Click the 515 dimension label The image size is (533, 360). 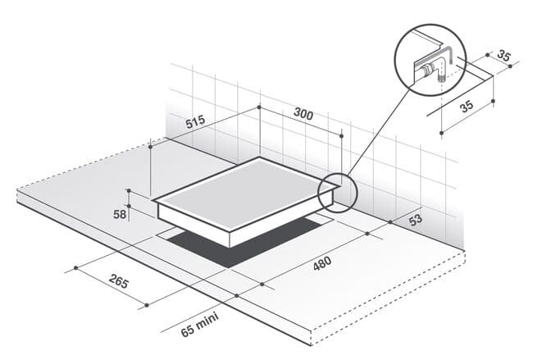(196, 121)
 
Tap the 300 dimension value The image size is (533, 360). (303, 114)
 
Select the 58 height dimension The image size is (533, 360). (120, 215)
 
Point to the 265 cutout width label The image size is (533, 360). (119, 281)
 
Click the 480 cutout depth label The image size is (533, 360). (322, 263)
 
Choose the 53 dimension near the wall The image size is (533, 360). (416, 219)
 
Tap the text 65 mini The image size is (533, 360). (199, 325)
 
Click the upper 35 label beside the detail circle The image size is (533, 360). (503, 56)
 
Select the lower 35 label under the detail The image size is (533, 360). (467, 106)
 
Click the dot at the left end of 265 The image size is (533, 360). (75, 268)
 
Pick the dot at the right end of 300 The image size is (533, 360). (342, 136)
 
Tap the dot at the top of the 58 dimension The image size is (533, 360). (129, 190)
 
